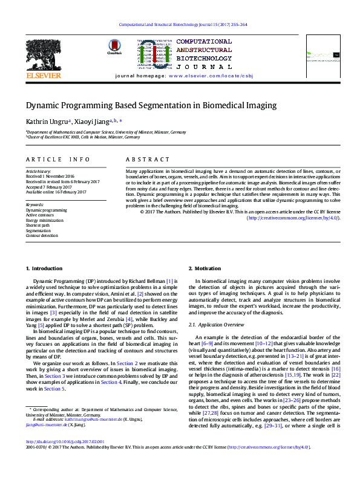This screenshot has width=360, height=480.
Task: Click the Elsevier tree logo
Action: tap(43, 54)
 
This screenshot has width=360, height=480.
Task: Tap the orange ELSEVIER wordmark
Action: tap(43, 76)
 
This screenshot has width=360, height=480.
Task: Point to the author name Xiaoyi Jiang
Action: tap(91, 121)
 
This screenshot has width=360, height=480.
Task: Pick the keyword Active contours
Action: tap(40, 215)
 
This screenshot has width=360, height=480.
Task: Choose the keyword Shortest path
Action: tap(38, 225)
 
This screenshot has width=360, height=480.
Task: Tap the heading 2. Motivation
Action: tap(204, 268)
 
